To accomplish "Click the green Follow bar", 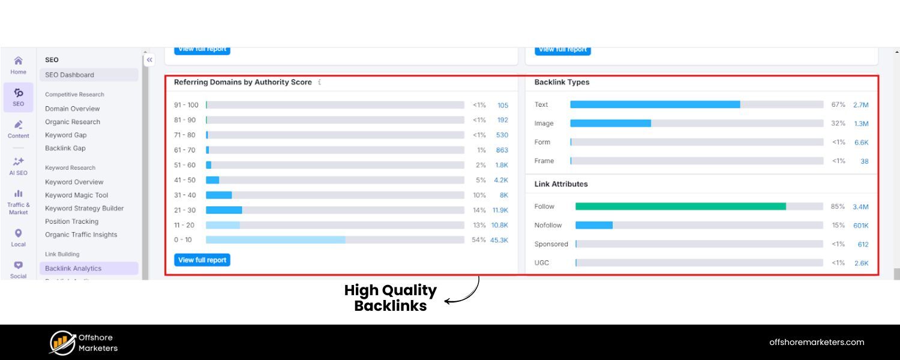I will (680, 206).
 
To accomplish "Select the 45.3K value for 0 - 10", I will (499, 240).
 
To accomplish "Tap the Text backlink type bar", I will (655, 104).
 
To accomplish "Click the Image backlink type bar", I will (610, 123).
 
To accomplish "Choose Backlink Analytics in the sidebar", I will (73, 268).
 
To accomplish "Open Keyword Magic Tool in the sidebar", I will (76, 195).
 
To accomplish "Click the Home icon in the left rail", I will (18, 61).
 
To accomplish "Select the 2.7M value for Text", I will (860, 105).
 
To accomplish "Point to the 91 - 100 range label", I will (186, 105).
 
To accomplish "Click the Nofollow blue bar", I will (594, 225).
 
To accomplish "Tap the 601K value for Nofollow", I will (860, 226).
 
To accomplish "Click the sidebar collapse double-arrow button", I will (149, 59).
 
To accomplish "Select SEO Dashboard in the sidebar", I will (70, 75).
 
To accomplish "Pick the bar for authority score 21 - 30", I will (224, 210).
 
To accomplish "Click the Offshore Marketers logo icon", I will (62, 343).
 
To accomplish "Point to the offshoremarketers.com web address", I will (817, 342).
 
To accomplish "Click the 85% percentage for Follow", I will (838, 207).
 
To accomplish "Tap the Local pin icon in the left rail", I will (18, 233).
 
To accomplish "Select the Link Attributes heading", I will (561, 184).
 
